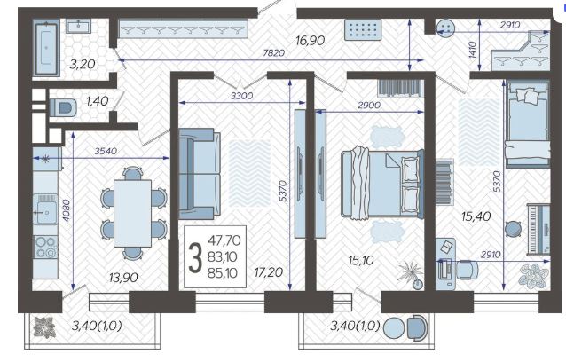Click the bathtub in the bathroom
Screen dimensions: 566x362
pos(46,48)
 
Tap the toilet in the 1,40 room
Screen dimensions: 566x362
pos(63,107)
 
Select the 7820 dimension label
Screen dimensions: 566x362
pos(273,53)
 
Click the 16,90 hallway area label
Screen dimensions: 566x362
pos(311,41)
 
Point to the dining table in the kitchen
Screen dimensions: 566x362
pos(132,213)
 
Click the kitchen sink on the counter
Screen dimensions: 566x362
pos(45,209)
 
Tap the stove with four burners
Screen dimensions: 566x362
pos(45,247)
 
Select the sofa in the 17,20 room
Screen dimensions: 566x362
pos(200,174)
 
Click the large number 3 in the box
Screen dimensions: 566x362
pos(195,257)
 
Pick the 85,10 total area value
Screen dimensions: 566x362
pos(223,273)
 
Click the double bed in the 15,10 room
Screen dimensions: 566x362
pos(381,184)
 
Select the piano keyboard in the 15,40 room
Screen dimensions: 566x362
pos(538,229)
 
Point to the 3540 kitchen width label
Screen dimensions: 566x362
pos(106,151)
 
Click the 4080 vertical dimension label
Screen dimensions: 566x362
pos(67,210)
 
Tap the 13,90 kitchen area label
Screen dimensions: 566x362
pos(123,278)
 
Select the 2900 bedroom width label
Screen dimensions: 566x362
pos(369,105)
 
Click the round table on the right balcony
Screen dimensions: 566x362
pos(394,328)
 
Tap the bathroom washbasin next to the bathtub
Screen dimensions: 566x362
pos(78,26)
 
